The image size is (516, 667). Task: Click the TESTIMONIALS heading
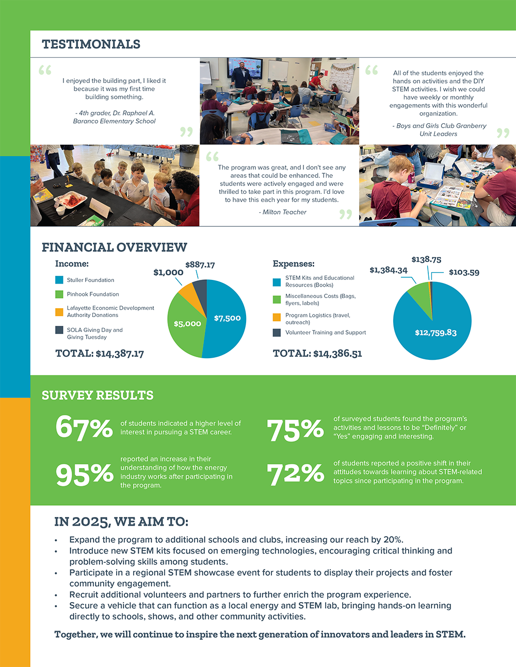tap(91, 44)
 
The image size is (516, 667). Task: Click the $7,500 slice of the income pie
tap(227, 318)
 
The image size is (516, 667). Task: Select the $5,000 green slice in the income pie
tap(187, 324)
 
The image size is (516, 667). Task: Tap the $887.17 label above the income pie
tap(200, 265)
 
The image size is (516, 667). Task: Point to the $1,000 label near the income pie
tap(168, 273)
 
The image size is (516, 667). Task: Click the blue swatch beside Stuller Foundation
tap(59, 280)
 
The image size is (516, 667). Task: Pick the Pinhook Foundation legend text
tap(93, 294)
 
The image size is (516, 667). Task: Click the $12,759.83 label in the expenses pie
tap(436, 332)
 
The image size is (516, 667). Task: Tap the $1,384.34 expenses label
tap(389, 270)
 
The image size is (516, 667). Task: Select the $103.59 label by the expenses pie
tap(464, 272)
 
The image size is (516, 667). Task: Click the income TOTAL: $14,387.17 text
tap(100, 354)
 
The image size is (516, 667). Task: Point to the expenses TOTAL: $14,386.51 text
tap(317, 354)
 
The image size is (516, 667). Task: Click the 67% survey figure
tap(84, 427)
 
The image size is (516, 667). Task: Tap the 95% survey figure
tap(84, 474)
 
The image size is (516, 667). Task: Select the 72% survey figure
tap(295, 474)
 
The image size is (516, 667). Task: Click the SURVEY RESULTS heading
tap(98, 395)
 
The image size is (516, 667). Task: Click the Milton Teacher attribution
tap(284, 212)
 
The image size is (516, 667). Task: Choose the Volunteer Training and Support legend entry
tap(325, 332)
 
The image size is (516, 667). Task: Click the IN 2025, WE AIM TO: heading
tap(121, 522)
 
